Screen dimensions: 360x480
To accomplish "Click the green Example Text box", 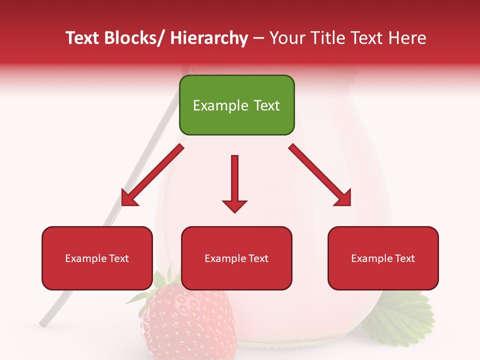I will [236, 105].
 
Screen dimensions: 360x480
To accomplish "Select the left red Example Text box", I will [97, 258].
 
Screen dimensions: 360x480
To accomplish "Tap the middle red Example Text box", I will [236, 258].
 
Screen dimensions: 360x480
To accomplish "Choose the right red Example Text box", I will [383, 258].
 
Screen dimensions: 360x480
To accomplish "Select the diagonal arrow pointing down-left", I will [152, 175].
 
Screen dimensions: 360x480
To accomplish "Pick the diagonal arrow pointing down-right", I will [320, 175].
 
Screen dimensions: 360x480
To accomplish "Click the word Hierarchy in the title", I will [209, 38].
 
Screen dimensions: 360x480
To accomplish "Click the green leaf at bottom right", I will [400, 315].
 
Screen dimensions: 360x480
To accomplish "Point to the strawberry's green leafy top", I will [160, 285].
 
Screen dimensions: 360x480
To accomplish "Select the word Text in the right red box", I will [404, 258].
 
